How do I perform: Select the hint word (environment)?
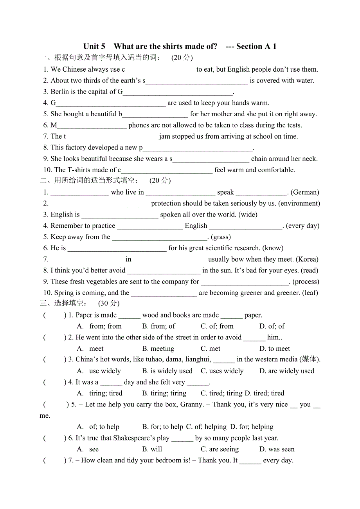pos(299,203)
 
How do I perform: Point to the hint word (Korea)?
pos(307,259)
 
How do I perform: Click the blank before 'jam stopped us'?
pos(112,137)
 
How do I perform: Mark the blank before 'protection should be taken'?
pos(100,204)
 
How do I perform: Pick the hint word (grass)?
pos(221,237)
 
